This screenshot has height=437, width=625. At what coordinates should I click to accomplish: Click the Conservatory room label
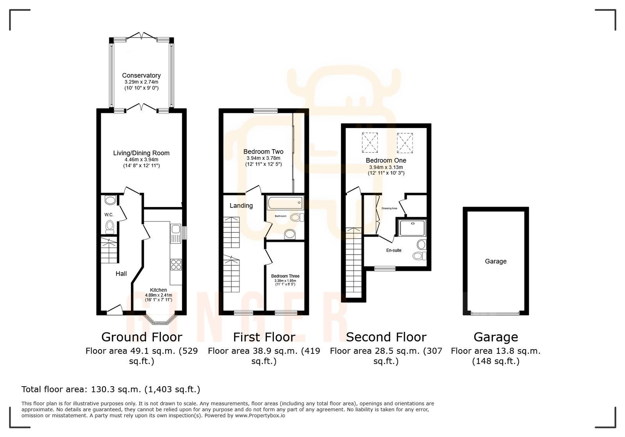(x=141, y=75)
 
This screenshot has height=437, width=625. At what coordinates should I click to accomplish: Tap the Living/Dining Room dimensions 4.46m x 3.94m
(x=141, y=160)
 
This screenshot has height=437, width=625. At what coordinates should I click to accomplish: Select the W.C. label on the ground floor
(x=109, y=215)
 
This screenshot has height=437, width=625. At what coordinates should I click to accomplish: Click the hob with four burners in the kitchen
(x=176, y=264)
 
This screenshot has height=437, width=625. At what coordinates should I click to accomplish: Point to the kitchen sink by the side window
(x=175, y=234)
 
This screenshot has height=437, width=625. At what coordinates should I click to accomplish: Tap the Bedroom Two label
(x=263, y=152)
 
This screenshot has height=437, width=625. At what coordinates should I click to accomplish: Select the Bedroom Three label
(x=285, y=276)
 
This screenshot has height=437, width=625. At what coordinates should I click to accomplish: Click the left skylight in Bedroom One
(x=370, y=143)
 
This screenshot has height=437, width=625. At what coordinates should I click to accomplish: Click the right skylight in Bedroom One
(x=405, y=143)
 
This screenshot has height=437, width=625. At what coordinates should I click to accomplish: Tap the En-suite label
(x=394, y=250)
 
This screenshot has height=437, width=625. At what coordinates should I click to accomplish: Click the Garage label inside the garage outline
(x=496, y=261)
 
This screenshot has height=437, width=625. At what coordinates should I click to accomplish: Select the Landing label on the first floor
(x=241, y=205)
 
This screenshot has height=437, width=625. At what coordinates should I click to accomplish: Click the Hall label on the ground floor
(x=121, y=274)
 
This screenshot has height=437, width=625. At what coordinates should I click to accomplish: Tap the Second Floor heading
(x=386, y=337)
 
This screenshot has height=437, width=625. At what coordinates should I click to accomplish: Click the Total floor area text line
(x=111, y=389)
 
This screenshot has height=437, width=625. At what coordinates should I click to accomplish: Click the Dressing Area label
(x=389, y=209)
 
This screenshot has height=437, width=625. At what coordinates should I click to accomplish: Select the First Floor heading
(x=264, y=337)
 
